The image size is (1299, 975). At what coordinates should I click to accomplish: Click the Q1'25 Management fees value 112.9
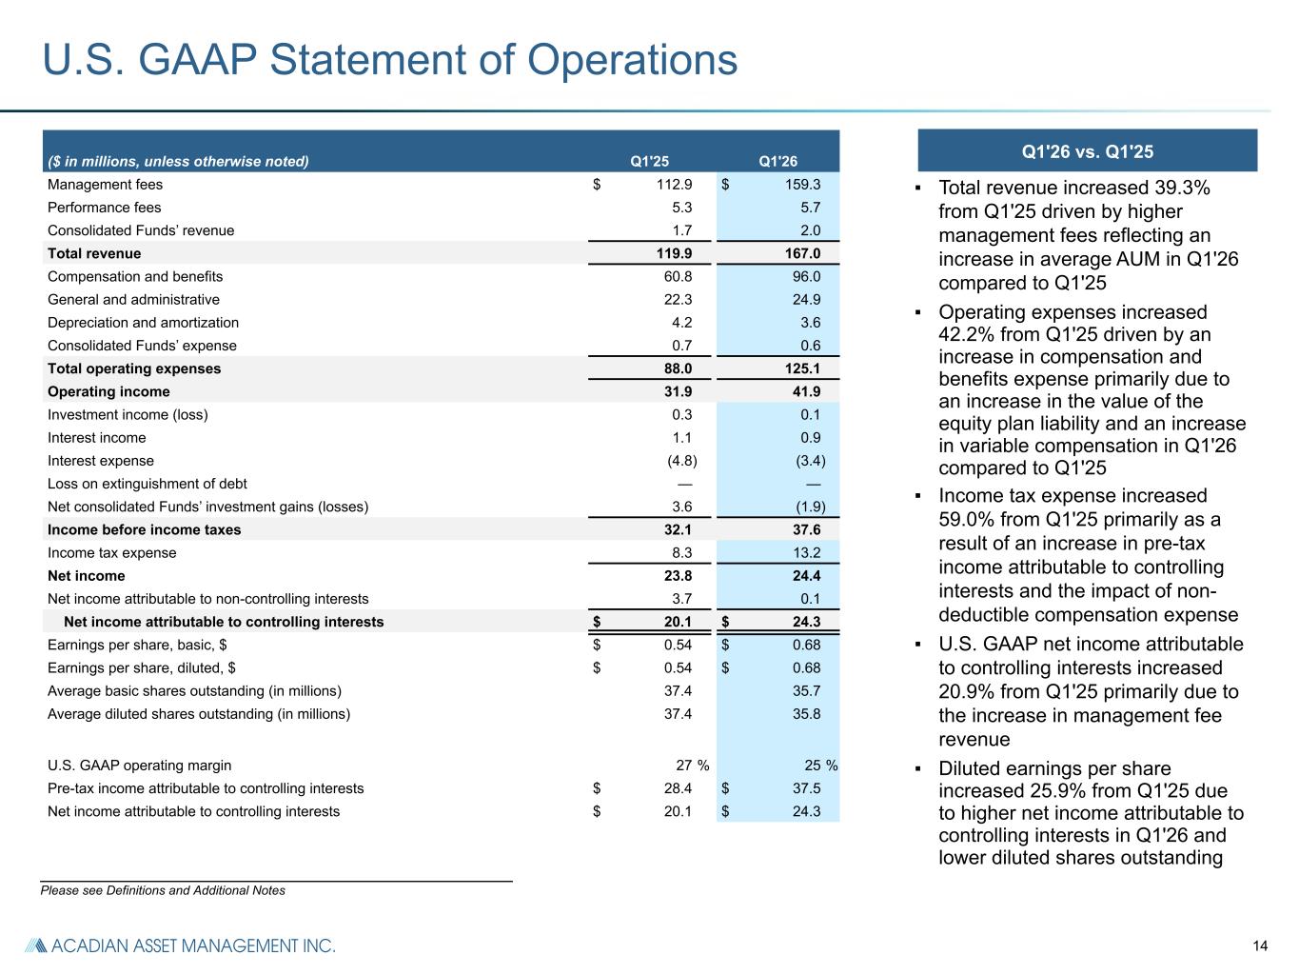[674, 185]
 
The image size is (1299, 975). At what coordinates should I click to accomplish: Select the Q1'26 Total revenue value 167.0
[802, 253]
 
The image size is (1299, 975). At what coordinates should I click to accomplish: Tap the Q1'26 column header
[777, 161]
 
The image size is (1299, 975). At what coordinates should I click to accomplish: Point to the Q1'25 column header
[649, 161]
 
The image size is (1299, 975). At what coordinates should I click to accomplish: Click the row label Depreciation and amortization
[143, 323]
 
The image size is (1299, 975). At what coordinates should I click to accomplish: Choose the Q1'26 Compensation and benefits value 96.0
[807, 276]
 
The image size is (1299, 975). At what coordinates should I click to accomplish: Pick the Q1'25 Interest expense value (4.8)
[682, 461]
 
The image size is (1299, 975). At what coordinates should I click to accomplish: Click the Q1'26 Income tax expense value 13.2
[807, 553]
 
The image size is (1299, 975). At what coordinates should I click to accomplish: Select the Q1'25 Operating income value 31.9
[678, 391]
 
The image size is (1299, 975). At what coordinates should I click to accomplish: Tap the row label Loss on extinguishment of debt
[148, 484]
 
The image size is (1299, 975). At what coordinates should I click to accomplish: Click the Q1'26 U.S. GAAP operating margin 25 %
[821, 766]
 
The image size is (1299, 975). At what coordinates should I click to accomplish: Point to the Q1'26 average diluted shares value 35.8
[807, 714]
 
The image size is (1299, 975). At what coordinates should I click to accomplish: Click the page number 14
[1260, 946]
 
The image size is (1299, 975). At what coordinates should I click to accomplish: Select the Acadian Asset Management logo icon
[36, 945]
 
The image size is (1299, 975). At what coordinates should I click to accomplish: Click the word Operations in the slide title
[632, 60]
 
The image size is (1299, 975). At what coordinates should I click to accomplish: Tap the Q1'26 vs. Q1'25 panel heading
[1087, 151]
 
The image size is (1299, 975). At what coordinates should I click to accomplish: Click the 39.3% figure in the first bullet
[1182, 188]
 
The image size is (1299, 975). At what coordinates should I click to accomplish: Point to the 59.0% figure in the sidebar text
[967, 519]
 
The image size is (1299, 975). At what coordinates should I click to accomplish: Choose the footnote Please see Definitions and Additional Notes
[163, 890]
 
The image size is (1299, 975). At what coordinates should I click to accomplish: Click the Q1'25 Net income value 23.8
[678, 576]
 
